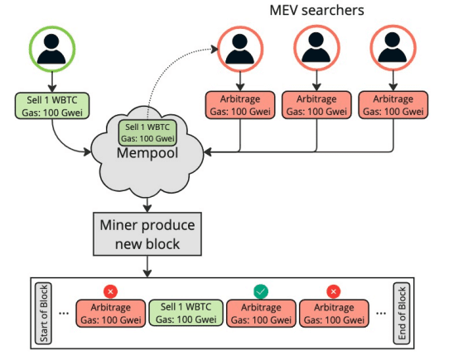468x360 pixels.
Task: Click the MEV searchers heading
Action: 316,11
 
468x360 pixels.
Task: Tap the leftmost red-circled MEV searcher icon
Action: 239,50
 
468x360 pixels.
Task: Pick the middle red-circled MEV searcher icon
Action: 316,50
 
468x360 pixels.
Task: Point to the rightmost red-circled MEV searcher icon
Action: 393,50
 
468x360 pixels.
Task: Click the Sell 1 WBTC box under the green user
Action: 51,105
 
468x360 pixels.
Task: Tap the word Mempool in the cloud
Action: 147,154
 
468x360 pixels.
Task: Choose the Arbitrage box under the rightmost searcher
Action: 393,105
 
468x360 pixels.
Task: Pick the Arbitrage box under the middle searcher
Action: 316,105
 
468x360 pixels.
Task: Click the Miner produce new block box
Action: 147,234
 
